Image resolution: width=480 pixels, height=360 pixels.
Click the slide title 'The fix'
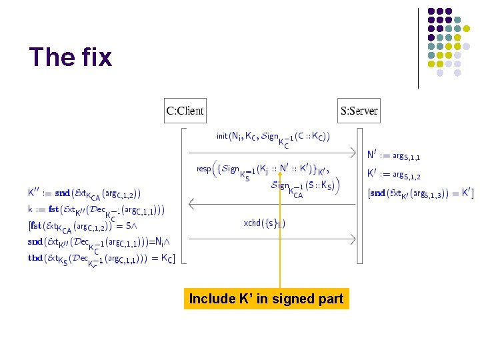click(71, 57)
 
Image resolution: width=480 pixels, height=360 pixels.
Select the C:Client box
click(185, 111)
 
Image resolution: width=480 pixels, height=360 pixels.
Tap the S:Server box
click(359, 111)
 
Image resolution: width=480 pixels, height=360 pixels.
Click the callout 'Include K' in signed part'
click(266, 299)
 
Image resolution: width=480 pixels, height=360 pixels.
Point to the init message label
click(273, 138)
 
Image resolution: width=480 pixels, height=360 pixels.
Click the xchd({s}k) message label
click(265, 223)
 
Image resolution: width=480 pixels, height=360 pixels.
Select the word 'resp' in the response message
click(203, 169)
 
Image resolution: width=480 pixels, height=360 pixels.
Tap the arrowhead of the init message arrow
click(357, 149)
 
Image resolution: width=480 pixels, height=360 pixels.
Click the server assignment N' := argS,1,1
click(393, 155)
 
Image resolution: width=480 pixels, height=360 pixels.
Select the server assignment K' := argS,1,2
click(393, 175)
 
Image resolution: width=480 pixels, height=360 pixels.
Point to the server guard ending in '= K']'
click(421, 193)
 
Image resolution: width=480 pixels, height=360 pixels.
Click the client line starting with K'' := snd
click(84, 193)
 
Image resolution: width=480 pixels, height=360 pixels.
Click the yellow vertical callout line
click(280, 233)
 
